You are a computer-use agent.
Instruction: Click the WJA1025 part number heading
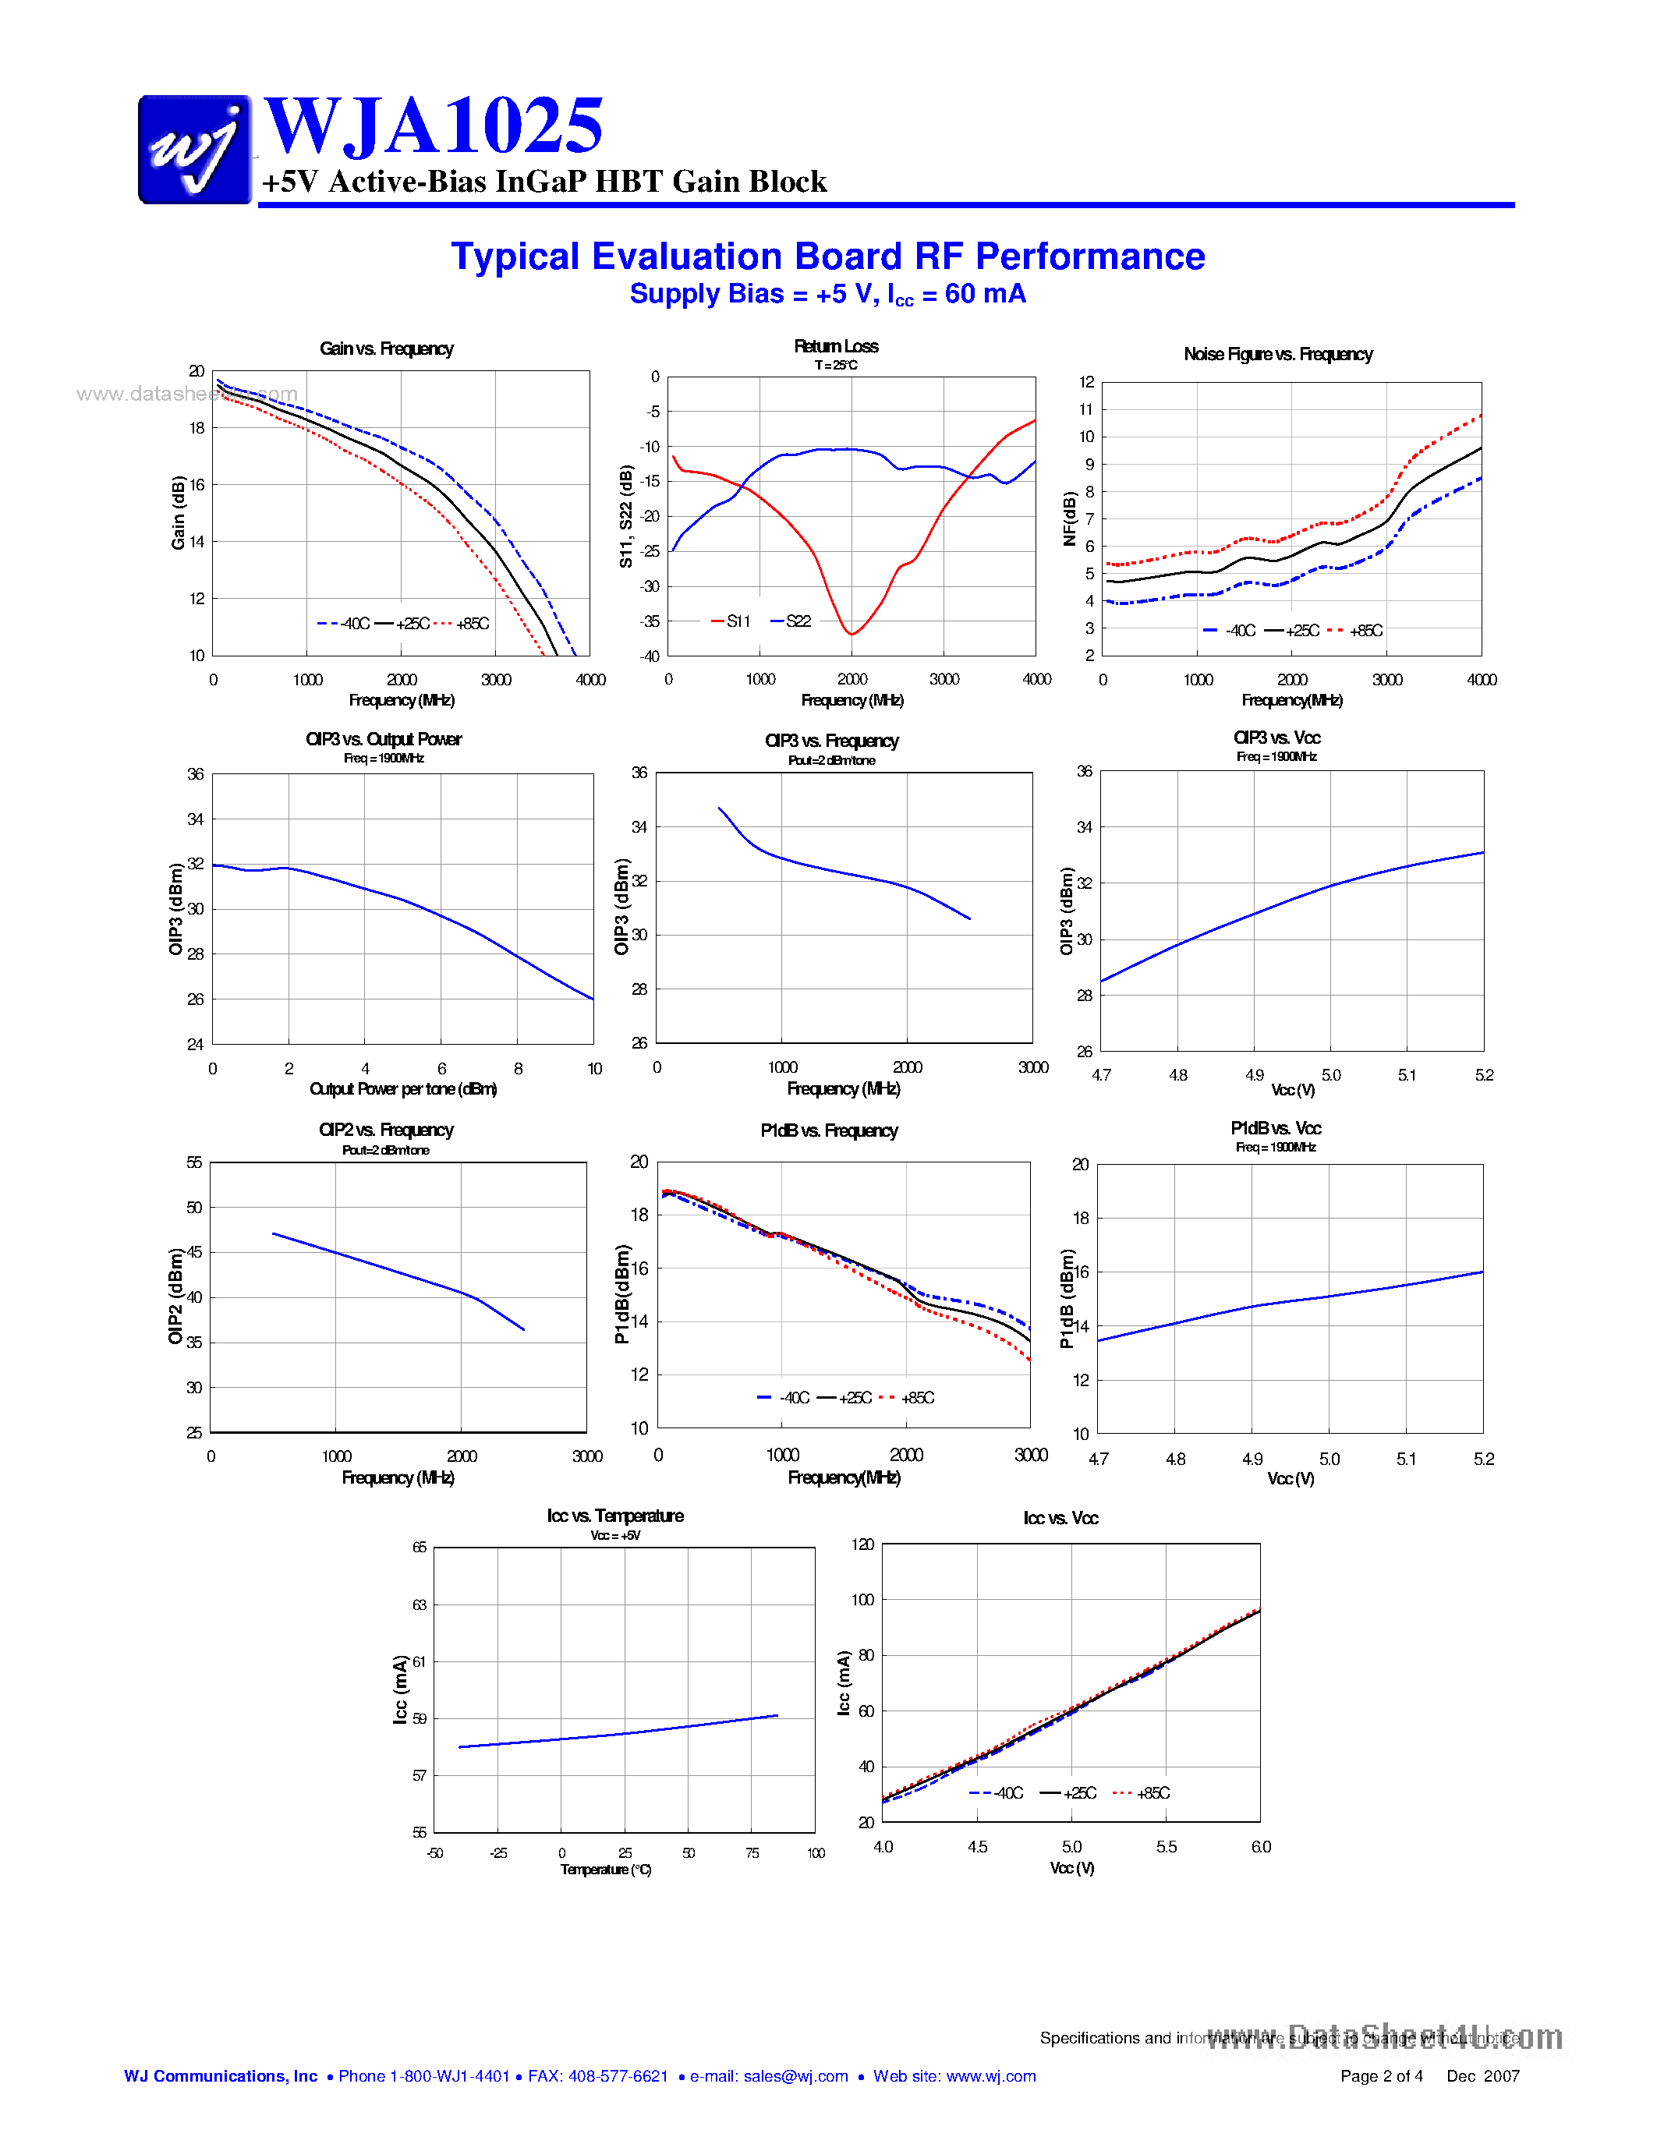(x=433, y=126)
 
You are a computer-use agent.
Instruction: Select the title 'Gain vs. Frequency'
(x=386, y=348)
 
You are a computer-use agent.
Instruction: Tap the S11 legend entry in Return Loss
(x=731, y=621)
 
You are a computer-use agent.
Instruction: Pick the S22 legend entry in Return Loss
(x=792, y=621)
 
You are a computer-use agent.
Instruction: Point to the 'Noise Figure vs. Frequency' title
(x=1277, y=355)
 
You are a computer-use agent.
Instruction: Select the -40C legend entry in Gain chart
(x=345, y=624)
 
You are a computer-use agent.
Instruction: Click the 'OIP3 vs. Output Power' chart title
(x=383, y=739)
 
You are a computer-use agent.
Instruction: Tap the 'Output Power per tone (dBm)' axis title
(x=402, y=1088)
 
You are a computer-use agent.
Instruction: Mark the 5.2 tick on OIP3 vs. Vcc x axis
(x=1483, y=1075)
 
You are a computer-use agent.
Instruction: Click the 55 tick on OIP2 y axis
(x=194, y=1162)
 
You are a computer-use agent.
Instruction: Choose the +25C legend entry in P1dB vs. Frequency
(x=844, y=1397)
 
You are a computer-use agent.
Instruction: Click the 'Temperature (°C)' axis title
(x=606, y=1869)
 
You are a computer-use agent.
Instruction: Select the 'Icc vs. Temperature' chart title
(x=614, y=1516)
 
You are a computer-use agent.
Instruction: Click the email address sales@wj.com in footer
(x=795, y=2075)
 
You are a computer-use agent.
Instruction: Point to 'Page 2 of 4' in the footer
(x=1381, y=2075)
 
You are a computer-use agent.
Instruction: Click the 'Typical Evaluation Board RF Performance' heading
(x=827, y=257)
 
